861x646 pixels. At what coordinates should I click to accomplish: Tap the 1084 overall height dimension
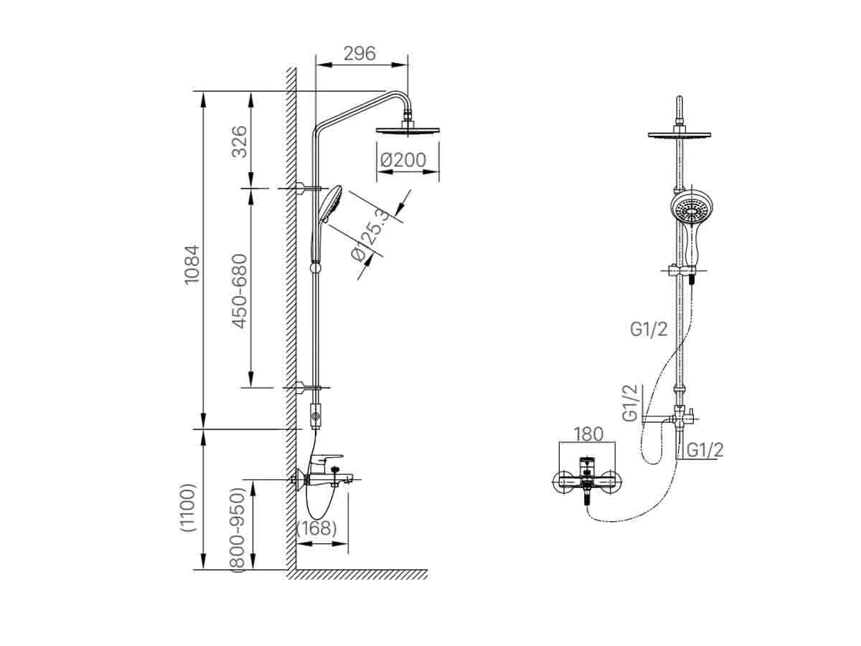click(192, 264)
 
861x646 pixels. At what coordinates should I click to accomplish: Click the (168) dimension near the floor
click(316, 528)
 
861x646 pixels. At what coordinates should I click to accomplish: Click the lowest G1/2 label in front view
click(705, 449)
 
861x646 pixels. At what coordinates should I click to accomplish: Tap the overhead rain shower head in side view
click(408, 130)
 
